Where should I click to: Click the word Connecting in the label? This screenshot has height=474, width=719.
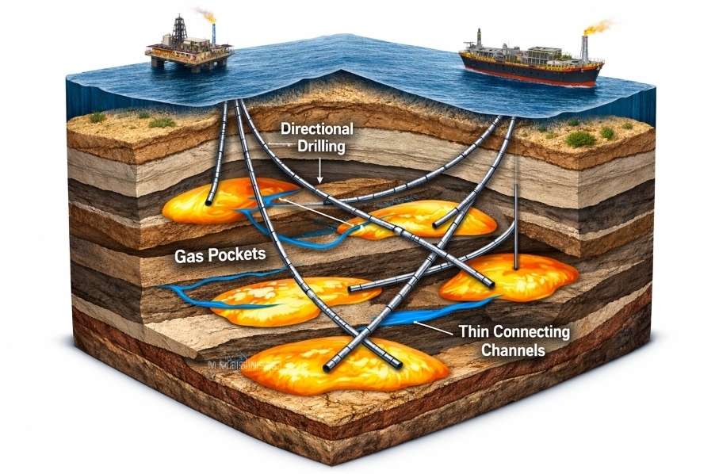531,331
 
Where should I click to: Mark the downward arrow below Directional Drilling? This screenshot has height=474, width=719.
319,170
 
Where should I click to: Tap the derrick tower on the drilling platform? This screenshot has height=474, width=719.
179,29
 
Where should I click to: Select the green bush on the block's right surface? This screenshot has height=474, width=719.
580,139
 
